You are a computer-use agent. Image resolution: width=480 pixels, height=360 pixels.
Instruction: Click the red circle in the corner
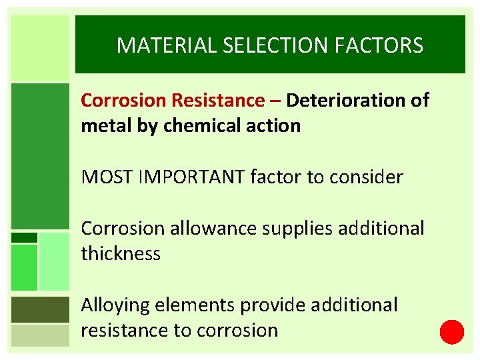(452, 331)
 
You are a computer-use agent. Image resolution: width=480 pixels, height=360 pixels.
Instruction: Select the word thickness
(121, 254)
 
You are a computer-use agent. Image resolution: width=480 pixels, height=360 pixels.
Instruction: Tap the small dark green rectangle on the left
(25, 237)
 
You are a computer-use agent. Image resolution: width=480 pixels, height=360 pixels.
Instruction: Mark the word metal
(103, 125)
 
